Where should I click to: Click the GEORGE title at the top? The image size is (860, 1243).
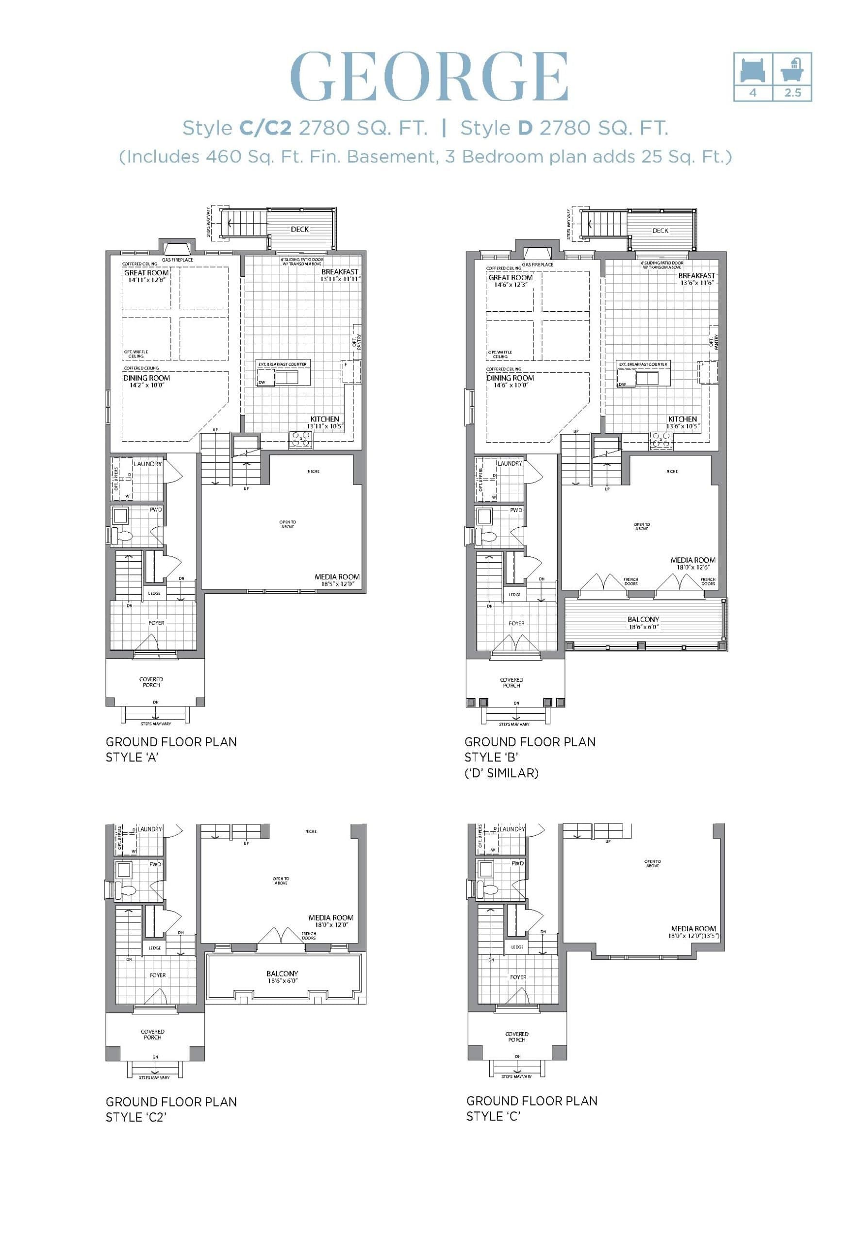click(x=429, y=77)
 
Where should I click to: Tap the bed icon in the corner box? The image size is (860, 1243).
click(x=753, y=70)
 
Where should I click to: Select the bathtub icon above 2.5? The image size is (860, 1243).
click(x=793, y=69)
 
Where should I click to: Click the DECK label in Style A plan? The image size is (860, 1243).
click(x=299, y=229)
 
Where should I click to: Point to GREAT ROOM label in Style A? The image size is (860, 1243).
click(x=146, y=273)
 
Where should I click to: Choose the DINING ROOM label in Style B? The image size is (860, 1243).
click(x=510, y=378)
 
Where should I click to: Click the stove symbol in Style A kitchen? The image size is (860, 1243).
click(x=301, y=440)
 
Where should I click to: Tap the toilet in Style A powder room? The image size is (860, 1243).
click(x=123, y=537)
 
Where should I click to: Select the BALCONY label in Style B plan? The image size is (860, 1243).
click(x=643, y=620)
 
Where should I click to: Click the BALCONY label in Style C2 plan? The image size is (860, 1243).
click(x=282, y=974)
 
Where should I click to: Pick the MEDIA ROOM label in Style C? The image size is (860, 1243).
click(x=693, y=928)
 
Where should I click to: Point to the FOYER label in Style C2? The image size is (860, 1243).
click(x=158, y=975)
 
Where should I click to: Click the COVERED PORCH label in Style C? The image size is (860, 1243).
click(x=516, y=1037)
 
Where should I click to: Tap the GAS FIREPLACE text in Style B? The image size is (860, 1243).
click(x=537, y=265)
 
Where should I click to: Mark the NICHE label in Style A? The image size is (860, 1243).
click(x=314, y=471)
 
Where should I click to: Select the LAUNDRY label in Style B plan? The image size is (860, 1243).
click(x=509, y=464)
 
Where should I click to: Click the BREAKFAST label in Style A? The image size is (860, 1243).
click(x=339, y=272)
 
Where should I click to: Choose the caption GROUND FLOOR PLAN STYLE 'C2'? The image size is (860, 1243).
click(x=171, y=1109)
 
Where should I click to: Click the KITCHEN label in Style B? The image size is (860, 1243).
click(x=682, y=419)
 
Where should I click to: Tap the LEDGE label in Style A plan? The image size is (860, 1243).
click(x=154, y=593)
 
